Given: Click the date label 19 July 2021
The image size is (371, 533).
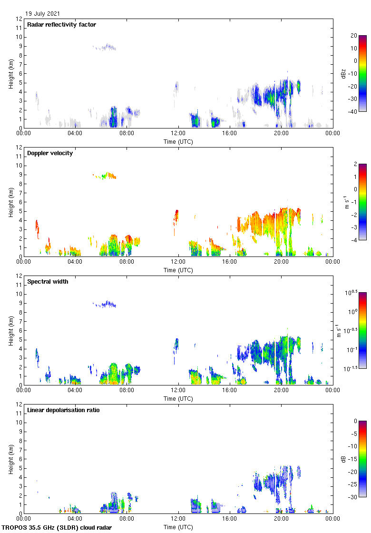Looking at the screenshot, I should click(43, 14).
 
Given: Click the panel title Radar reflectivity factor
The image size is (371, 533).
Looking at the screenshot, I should click(61, 25).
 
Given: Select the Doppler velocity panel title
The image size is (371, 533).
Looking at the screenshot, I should click(50, 153).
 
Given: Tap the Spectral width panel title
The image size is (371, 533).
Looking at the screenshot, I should click(48, 282).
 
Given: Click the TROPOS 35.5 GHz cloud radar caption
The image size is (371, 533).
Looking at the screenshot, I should click(57, 528).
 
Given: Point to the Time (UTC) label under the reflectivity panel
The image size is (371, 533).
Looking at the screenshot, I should click(178, 141).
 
